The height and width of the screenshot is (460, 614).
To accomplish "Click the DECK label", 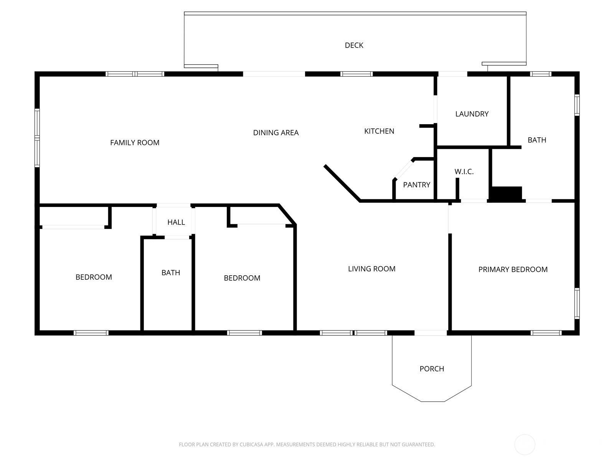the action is [x=354, y=45].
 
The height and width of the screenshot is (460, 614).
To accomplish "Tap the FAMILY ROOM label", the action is [x=135, y=143].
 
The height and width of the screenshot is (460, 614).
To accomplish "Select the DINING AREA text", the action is [x=276, y=133].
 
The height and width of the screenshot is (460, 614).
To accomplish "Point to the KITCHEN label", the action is [x=379, y=131].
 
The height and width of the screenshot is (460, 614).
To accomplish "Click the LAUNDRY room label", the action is [x=472, y=114].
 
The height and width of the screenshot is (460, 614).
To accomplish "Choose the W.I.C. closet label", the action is [x=464, y=171].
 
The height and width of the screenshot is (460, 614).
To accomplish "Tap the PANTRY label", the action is [x=416, y=185].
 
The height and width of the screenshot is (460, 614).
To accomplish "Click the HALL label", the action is [x=176, y=222].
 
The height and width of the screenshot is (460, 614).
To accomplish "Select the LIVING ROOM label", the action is [x=371, y=269].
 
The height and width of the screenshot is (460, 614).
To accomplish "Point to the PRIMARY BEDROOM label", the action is [x=513, y=269].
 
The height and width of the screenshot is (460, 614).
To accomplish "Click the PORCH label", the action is [x=432, y=369].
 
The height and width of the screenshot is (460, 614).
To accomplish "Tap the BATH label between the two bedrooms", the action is [x=171, y=273].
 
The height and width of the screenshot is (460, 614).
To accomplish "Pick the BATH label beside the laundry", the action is [x=537, y=140].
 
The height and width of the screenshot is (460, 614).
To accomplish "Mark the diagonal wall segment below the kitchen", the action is [x=342, y=183].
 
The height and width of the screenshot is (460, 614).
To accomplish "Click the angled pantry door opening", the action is [x=404, y=169].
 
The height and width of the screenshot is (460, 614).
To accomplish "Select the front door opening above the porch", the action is [x=431, y=333].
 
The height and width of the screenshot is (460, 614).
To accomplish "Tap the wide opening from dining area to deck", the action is [x=274, y=74].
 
